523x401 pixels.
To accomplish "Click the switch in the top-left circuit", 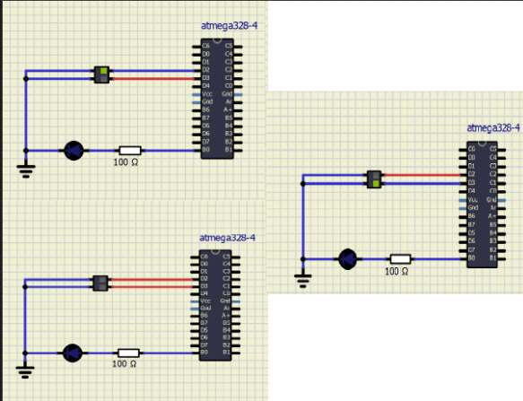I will pyautogui.click(x=102, y=74).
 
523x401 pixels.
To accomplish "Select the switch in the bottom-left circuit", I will pyautogui.click(x=100, y=283).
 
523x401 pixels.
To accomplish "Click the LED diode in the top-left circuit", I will pyautogui.click(x=73, y=151).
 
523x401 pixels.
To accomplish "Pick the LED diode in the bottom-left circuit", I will pyautogui.click(x=73, y=353).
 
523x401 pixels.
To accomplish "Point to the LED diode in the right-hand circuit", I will pyautogui.click(x=347, y=258).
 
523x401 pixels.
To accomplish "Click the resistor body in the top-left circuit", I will pyautogui.click(x=130, y=151).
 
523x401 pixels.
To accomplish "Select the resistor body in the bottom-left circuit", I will pyautogui.click(x=128, y=353).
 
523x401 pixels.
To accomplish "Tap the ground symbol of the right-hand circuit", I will pyautogui.click(x=302, y=281).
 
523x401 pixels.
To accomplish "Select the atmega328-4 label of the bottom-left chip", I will pyautogui.click(x=227, y=238).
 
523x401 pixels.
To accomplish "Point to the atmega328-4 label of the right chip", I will pyautogui.click(x=492, y=128).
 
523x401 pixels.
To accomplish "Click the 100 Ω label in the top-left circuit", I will pyautogui.click(x=125, y=162).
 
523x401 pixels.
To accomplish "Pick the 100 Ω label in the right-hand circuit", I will pyautogui.click(x=397, y=271).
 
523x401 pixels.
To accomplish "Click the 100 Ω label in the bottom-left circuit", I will pyautogui.click(x=125, y=364).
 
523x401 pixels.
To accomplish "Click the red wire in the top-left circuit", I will pyautogui.click(x=153, y=77).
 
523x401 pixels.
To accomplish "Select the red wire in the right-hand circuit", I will pyautogui.click(x=422, y=175).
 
